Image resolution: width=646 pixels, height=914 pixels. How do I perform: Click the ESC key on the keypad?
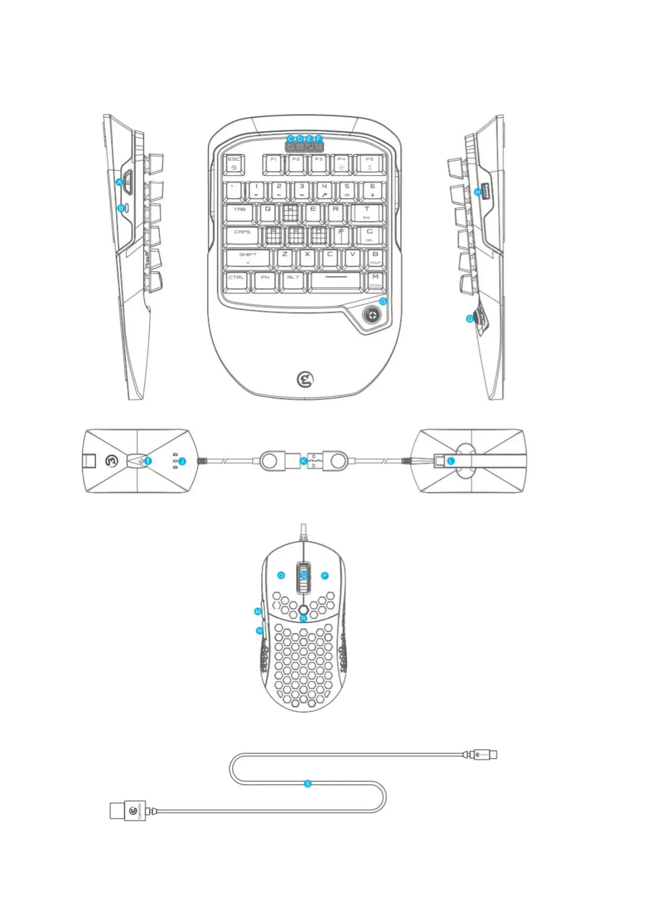[x=234, y=164]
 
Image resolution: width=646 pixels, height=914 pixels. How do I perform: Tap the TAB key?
[x=240, y=213]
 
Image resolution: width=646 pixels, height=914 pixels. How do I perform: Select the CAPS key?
[x=242, y=236]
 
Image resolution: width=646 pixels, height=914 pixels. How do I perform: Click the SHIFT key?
[x=248, y=258]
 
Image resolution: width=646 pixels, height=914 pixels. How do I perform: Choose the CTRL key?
[x=236, y=281]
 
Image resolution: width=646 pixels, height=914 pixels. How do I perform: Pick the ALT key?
[x=293, y=281]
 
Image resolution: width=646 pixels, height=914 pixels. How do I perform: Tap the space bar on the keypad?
[x=336, y=281]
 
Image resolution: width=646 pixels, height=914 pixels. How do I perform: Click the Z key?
[x=285, y=258]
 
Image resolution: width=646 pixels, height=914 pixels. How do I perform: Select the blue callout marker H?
[x=478, y=192]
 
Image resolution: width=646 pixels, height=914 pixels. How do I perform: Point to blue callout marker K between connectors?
[x=304, y=461]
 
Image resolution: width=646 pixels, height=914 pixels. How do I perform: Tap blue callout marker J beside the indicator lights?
[x=182, y=461]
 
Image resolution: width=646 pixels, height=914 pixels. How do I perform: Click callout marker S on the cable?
[x=308, y=784]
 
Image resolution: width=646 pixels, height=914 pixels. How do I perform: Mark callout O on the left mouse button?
[x=281, y=575]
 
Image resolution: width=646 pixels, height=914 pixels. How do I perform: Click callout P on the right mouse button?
[x=325, y=576]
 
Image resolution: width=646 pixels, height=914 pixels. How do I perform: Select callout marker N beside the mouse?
[x=259, y=631]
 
